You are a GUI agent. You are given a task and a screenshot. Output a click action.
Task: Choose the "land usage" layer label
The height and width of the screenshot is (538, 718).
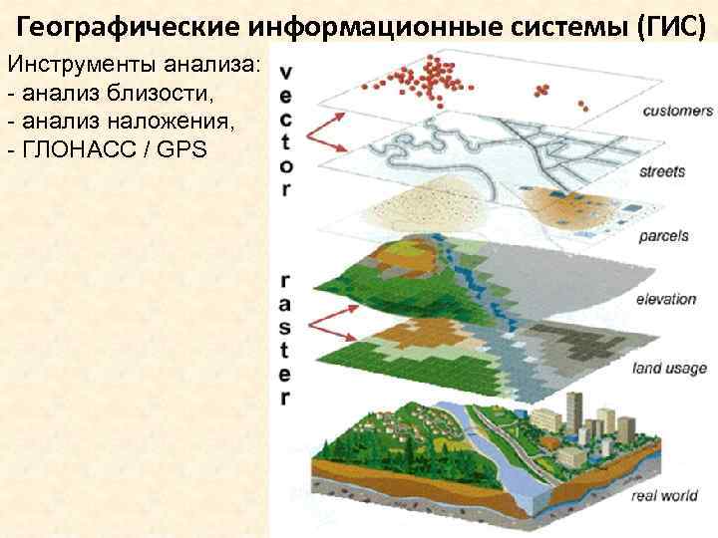669,369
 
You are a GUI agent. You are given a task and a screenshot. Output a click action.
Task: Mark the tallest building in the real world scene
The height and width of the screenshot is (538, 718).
575,408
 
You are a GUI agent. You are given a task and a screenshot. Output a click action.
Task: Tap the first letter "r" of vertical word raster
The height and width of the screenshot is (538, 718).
286,282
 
